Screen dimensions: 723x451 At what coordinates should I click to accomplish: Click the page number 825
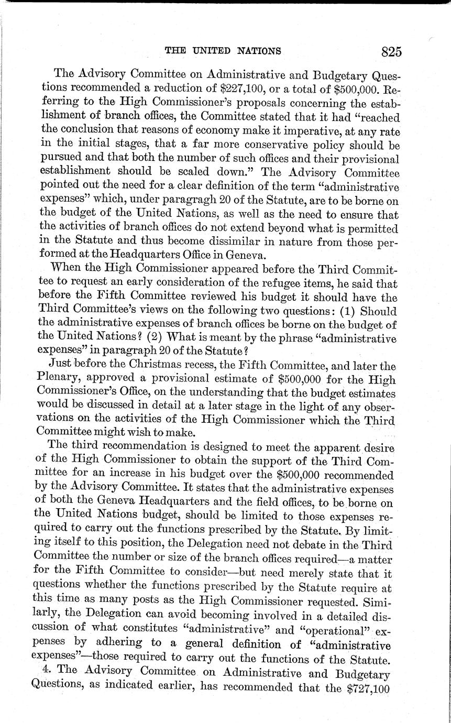[391, 51]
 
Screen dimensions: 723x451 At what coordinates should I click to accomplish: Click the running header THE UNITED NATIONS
[223, 51]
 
